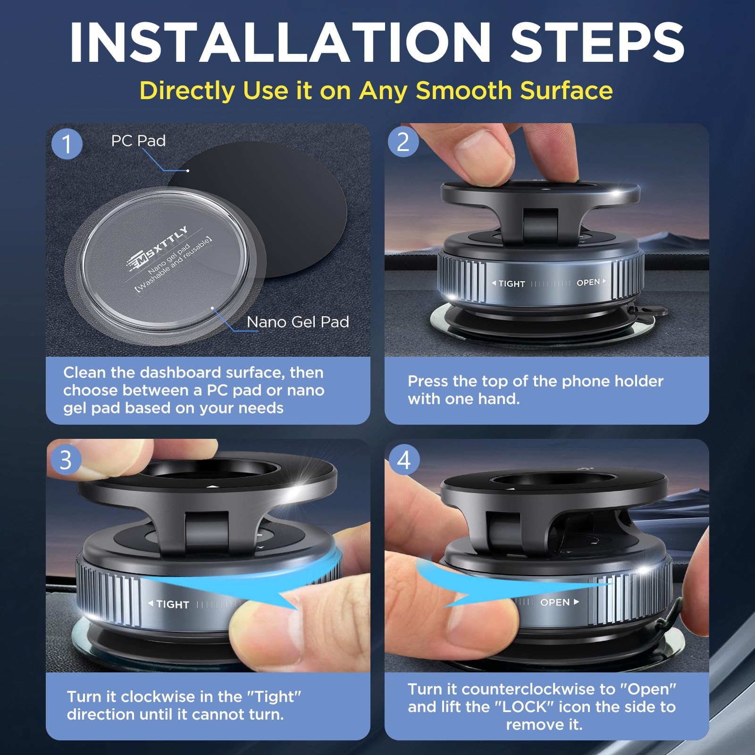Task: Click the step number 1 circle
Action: tap(67, 143)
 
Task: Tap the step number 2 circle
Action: tap(403, 142)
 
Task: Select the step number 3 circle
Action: tap(66, 460)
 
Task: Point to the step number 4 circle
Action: tap(403, 460)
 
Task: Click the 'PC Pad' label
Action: tap(138, 141)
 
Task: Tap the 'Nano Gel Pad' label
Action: tap(298, 322)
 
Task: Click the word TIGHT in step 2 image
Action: tap(512, 284)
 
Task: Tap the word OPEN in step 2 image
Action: tap(588, 282)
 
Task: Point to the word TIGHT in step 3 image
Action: tap(172, 604)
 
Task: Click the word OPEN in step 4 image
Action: tap(555, 602)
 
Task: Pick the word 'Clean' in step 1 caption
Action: tap(84, 372)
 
